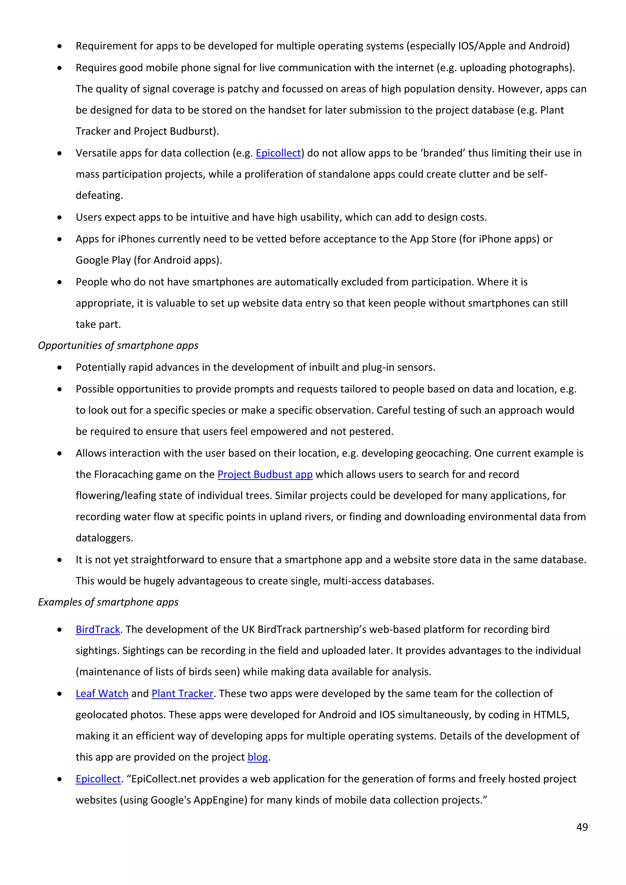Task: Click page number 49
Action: pos(582,827)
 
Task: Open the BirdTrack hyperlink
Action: pos(98,630)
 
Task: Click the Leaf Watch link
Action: pos(102,693)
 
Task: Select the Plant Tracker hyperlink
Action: pos(182,693)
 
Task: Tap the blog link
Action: pos(257,757)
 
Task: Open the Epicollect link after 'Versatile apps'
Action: pos(278,153)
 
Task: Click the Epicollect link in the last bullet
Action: pos(98,779)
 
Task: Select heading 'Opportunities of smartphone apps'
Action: pos(118,345)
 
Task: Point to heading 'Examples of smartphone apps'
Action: pos(108,602)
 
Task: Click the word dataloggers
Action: pos(104,538)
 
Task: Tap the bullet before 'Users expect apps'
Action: pos(59,217)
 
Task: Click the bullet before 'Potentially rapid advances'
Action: pos(59,367)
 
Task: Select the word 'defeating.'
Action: pos(99,195)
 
